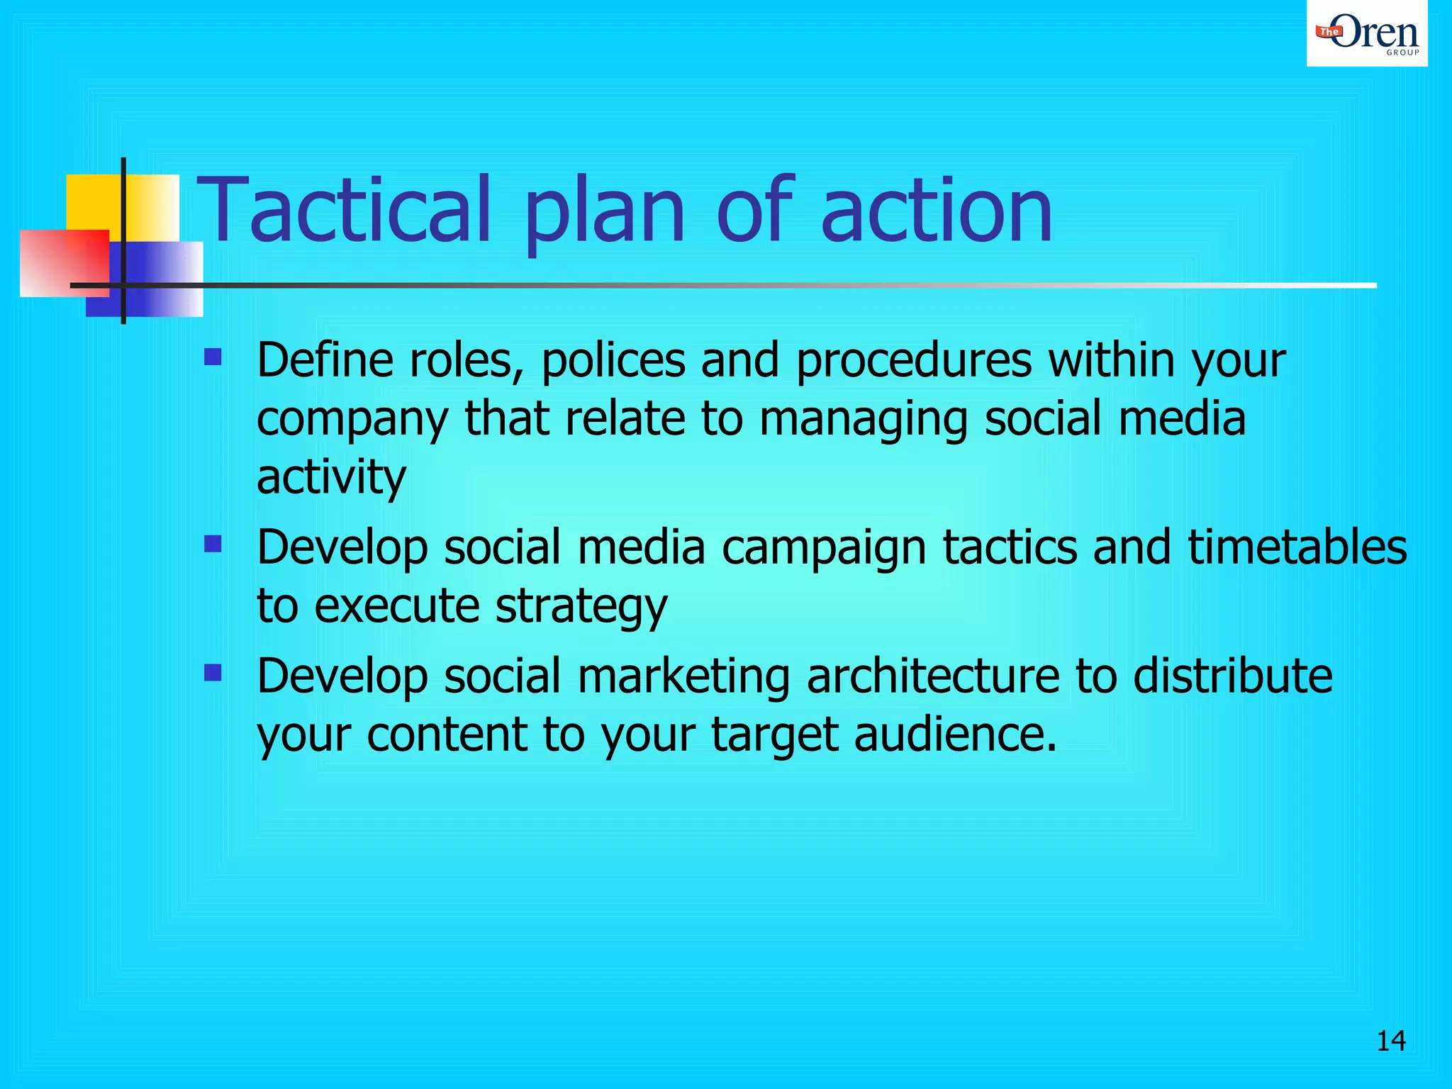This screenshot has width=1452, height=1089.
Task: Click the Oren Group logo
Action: click(1367, 33)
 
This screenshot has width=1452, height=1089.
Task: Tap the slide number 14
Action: click(1391, 1041)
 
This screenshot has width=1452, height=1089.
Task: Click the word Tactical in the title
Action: click(343, 211)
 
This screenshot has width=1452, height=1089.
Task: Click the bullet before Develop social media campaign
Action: click(213, 544)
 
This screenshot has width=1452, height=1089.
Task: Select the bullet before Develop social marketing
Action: click(213, 671)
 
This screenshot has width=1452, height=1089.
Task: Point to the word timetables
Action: click(1297, 548)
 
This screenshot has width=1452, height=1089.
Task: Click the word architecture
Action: click(933, 676)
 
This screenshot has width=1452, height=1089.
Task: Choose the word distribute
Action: click(1233, 676)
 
